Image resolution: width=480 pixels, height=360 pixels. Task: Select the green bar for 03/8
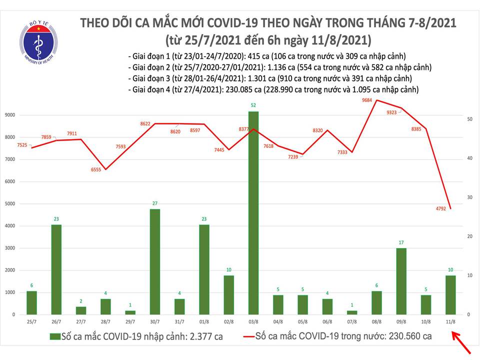tap(254, 212)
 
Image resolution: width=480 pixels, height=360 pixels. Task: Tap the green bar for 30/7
tap(155, 261)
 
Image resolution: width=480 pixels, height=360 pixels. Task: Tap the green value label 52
tap(254, 105)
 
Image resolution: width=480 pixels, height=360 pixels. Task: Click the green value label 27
tap(155, 203)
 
